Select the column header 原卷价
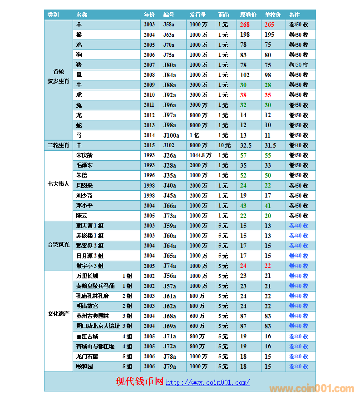248,15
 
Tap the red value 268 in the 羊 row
245,25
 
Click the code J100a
171,135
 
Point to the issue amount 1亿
194,135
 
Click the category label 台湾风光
59,245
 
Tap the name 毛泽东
84,165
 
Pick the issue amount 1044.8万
201,155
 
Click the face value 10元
224,145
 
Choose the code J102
168,145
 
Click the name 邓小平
84,206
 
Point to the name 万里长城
87,276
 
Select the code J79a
169,366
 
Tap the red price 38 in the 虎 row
243,95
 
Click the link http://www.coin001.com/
207,383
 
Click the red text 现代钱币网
139,382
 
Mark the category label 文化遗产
59,314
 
